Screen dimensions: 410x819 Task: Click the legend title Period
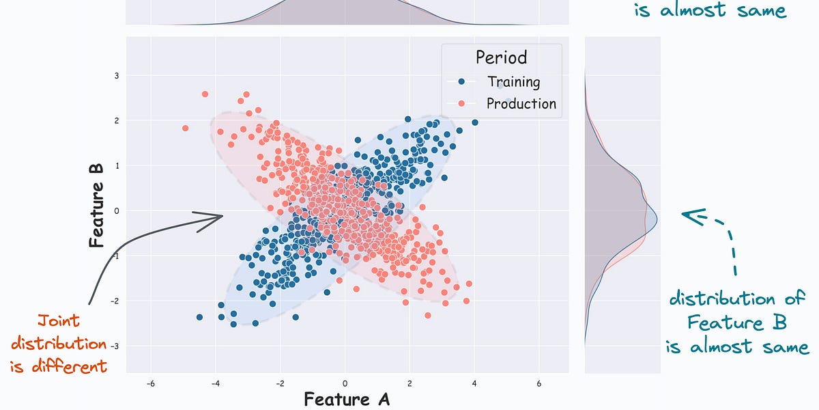coord(502,57)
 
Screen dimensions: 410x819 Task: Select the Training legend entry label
coord(513,82)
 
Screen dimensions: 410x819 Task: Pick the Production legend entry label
coord(521,104)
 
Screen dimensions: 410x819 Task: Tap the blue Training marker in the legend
coord(462,82)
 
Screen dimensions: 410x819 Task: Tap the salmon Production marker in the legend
coord(462,104)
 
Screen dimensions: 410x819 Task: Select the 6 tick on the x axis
coord(539,383)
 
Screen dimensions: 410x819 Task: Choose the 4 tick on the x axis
coord(474,383)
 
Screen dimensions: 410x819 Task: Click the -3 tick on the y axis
coord(116,346)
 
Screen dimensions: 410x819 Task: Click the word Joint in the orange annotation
coord(58,320)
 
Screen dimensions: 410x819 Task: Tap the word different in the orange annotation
coord(59,366)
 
